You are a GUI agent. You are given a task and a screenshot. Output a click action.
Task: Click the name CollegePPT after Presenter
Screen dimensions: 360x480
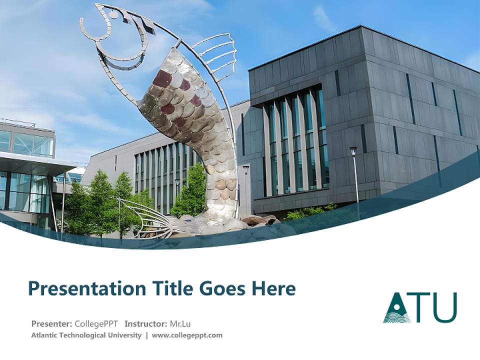[96, 323]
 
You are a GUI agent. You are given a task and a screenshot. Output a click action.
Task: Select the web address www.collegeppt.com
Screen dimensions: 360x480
[187, 335]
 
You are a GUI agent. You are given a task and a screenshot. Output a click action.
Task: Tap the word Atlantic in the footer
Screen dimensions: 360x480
[45, 335]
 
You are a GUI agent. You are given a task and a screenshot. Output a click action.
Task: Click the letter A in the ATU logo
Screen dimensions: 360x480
[397, 308]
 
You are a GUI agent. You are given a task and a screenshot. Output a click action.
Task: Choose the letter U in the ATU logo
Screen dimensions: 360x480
[444, 307]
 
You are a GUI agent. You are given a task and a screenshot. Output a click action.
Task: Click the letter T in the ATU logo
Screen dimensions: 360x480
[420, 307]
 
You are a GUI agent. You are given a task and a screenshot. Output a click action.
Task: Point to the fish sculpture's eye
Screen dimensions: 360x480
[114, 15]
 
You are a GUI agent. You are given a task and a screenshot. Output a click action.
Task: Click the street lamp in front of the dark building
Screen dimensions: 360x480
[354, 152]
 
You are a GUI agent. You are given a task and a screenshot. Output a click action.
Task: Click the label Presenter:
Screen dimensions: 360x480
[52, 323]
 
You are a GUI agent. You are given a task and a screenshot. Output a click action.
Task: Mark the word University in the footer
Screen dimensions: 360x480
[124, 335]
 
